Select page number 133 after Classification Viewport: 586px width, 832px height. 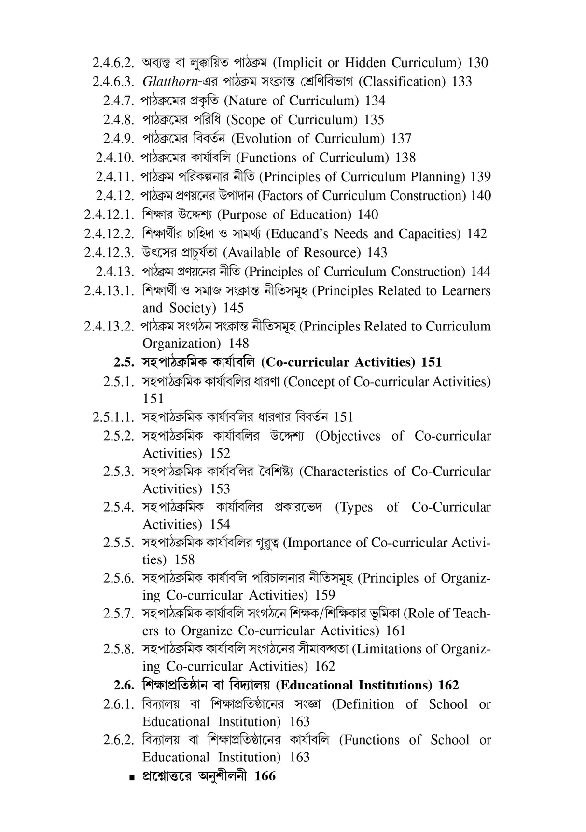462,82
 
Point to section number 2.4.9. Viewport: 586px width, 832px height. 118,139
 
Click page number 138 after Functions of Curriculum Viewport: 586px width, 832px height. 405,158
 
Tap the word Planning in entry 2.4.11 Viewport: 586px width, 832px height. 438,177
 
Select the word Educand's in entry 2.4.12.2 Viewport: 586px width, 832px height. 298,234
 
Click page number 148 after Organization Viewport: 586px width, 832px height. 239,344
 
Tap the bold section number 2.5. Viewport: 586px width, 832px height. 124,362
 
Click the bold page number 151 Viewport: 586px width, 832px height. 431,362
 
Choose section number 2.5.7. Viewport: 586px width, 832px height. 118,614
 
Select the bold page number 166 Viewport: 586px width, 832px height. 265,776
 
